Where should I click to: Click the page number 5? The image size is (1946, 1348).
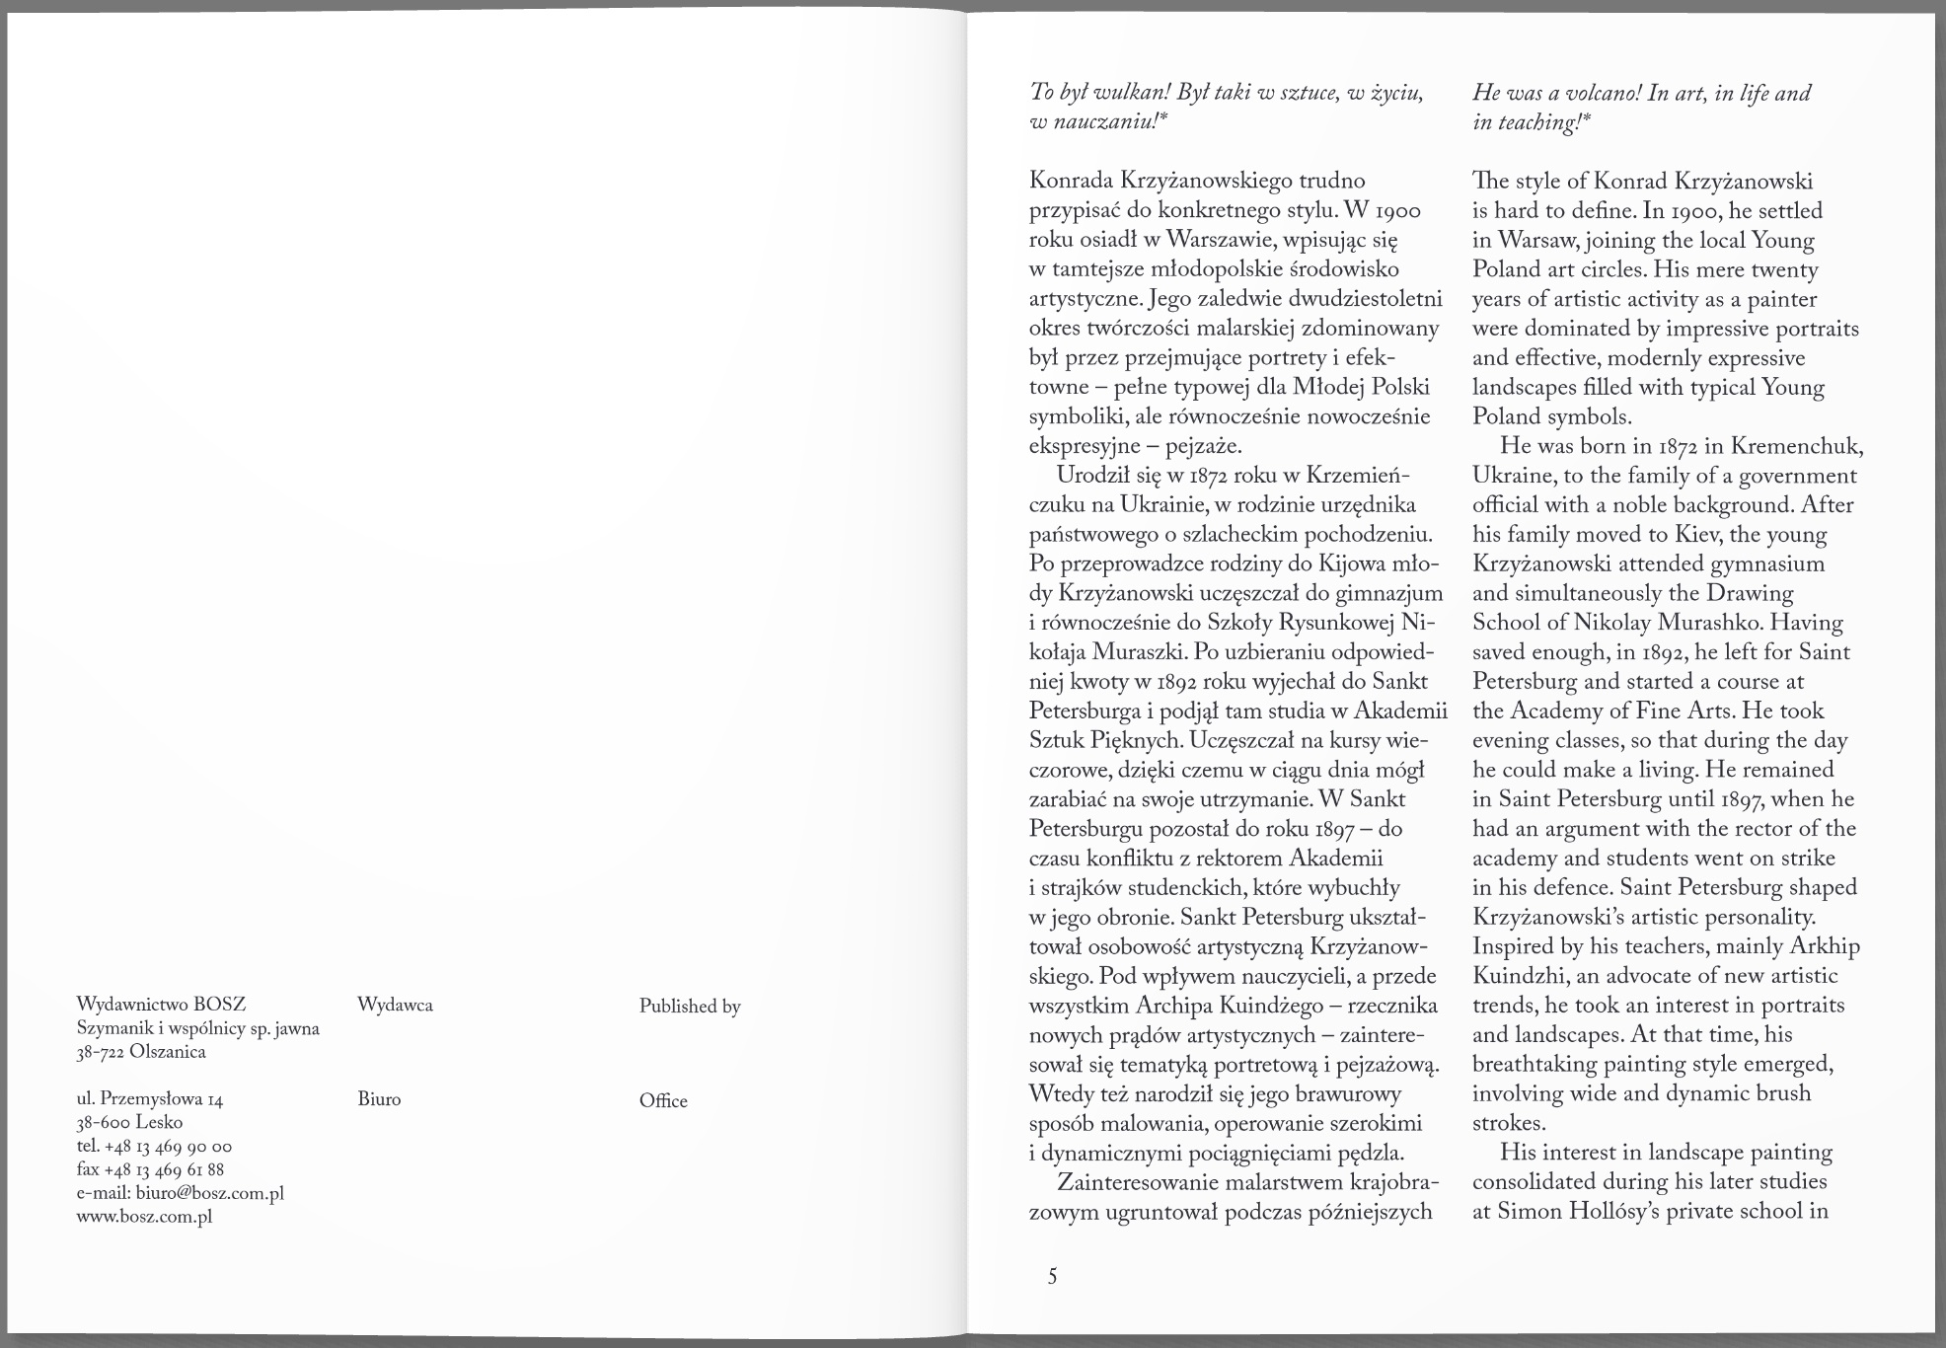(x=1052, y=1277)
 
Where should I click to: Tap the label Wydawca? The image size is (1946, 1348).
(x=395, y=1006)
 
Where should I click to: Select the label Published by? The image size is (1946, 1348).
(x=690, y=1007)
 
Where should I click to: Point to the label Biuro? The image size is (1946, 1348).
(x=379, y=1099)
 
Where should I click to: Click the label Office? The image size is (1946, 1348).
(x=663, y=1101)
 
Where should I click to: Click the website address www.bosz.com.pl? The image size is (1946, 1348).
(x=144, y=1217)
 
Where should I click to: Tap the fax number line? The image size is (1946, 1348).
(x=150, y=1169)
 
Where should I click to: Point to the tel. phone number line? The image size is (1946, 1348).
(x=154, y=1146)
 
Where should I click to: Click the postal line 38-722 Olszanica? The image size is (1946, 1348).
(x=141, y=1052)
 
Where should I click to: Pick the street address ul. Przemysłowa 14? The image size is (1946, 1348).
(x=150, y=1099)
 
